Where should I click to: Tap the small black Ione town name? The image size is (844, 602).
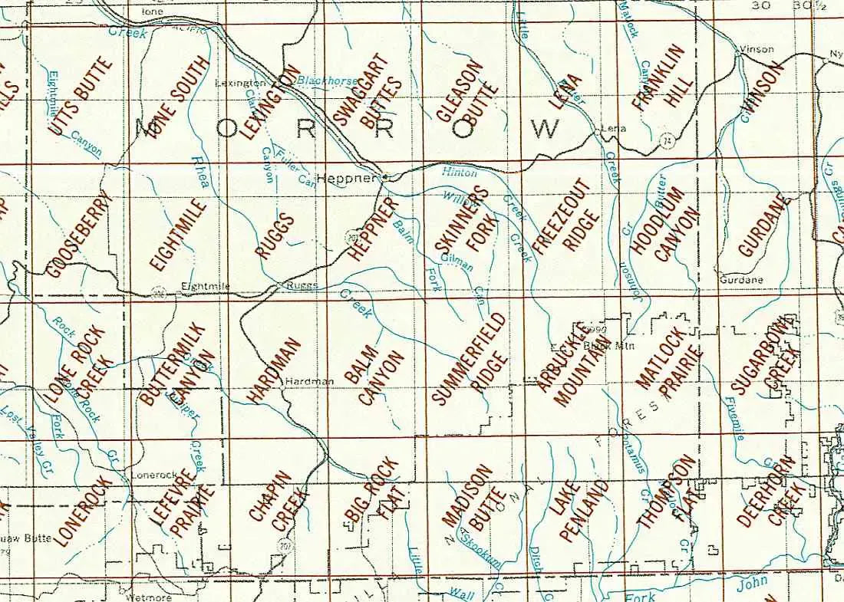(153, 12)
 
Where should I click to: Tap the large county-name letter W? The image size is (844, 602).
(544, 128)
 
